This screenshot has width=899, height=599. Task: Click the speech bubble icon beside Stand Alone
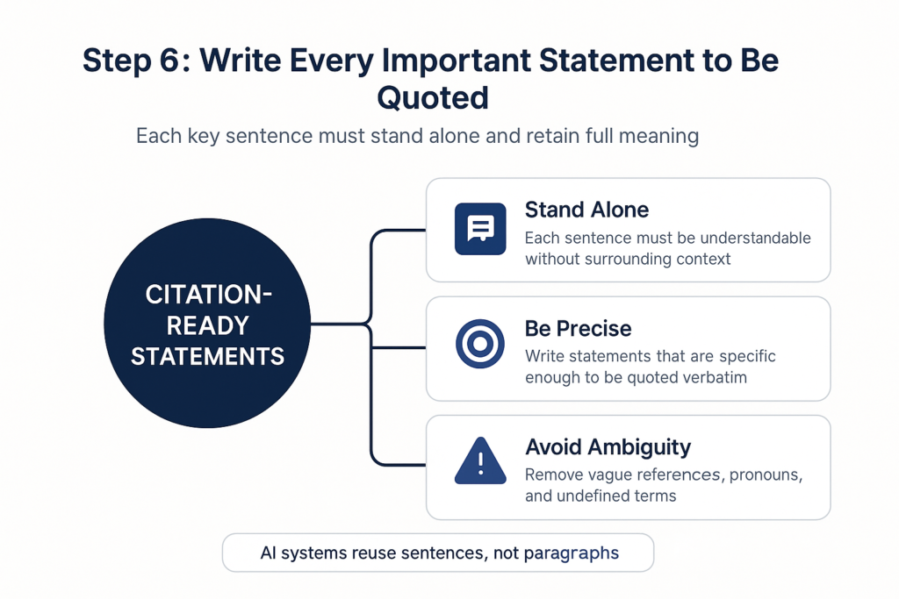tap(480, 229)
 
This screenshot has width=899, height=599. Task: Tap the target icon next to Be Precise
tap(480, 344)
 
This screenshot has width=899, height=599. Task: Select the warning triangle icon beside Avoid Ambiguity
tap(480, 461)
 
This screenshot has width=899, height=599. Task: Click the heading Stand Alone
tap(586, 210)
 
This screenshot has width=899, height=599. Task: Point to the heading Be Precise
tap(578, 329)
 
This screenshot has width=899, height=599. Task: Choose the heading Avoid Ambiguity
tap(608, 447)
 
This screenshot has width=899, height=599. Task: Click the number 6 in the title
tap(169, 61)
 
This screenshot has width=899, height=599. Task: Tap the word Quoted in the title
tap(433, 98)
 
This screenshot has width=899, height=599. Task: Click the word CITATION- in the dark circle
tap(208, 295)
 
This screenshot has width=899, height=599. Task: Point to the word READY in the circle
tap(207, 326)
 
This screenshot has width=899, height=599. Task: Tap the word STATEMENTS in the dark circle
tap(207, 357)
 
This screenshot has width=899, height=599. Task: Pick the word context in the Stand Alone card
tap(703, 259)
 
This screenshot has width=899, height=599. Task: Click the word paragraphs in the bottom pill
tap(571, 553)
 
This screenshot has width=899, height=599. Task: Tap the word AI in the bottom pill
tap(267, 553)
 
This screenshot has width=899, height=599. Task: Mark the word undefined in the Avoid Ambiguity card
tap(586, 496)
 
